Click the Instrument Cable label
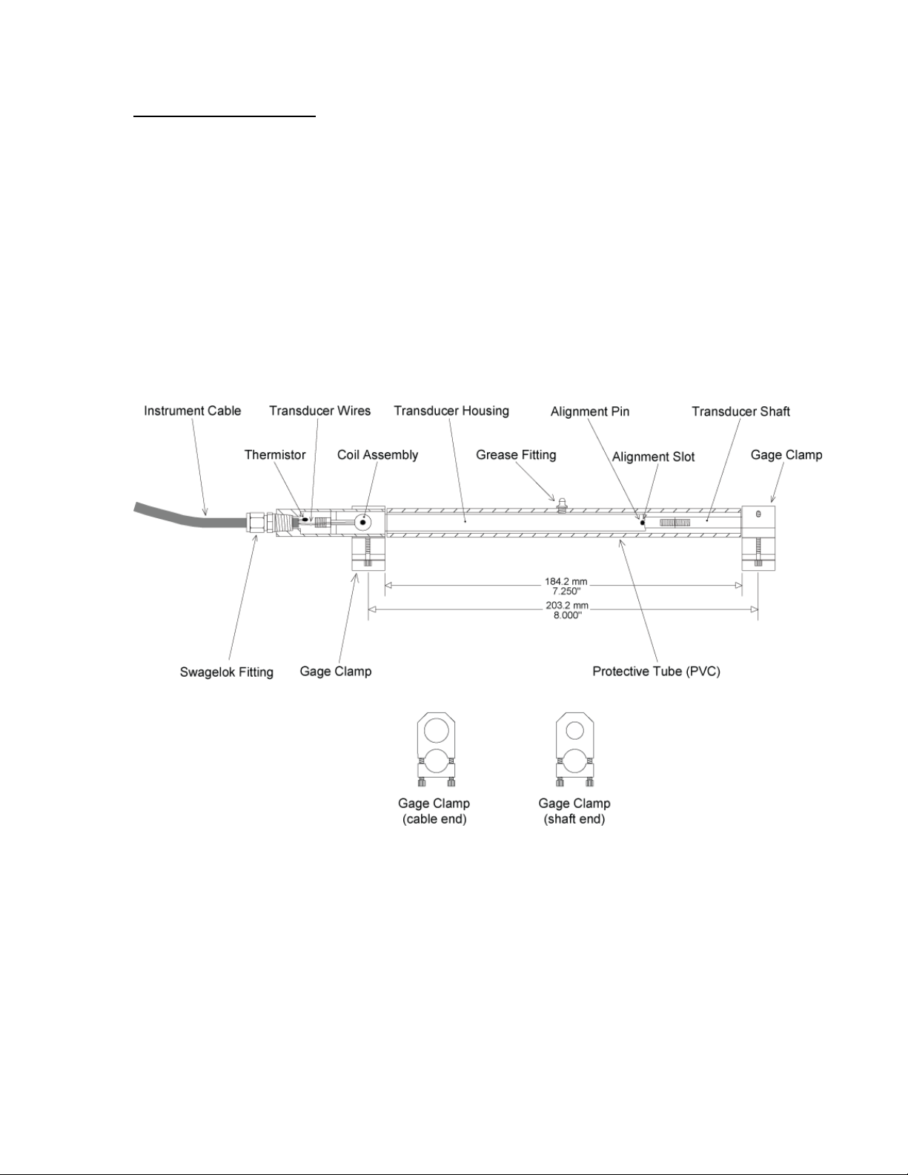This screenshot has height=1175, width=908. coord(192,411)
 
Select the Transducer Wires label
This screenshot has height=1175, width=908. coord(319,411)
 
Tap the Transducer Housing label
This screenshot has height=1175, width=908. coord(451,411)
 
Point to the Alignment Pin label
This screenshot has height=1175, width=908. coord(589,411)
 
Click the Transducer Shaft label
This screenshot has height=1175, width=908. coord(740,411)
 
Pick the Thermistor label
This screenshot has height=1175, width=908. coord(274,454)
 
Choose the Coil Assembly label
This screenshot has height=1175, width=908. coord(377,454)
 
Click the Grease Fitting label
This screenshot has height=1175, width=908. coord(516,454)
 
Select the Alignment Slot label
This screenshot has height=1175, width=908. coord(653,457)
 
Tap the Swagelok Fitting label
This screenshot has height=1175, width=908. coord(226,672)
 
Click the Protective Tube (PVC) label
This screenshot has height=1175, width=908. coord(656,672)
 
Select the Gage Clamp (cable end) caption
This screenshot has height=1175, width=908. coord(434,811)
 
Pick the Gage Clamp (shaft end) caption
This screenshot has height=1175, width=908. coord(574,811)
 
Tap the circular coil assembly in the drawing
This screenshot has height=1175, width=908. coord(362,522)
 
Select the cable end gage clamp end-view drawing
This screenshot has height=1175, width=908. coord(435,749)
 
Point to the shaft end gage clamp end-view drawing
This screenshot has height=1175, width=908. coord(574,749)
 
